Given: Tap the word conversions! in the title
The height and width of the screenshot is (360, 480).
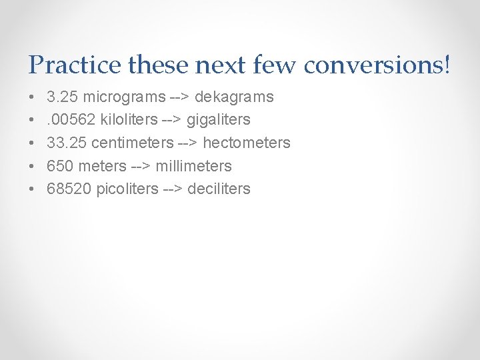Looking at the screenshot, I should click(377, 65).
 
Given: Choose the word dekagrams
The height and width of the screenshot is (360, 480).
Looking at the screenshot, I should click(234, 97).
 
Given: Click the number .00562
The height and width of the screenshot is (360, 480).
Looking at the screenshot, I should click(71, 120).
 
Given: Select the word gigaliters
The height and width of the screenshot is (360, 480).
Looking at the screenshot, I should click(219, 120).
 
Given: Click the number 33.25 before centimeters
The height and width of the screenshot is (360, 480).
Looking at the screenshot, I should click(67, 143).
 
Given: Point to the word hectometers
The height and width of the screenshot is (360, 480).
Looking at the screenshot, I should click(247, 143).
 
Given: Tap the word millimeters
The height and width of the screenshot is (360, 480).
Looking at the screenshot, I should click(193, 166).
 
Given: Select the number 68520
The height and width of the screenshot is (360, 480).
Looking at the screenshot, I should click(69, 189).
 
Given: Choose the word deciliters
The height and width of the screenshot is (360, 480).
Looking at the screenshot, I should click(219, 189).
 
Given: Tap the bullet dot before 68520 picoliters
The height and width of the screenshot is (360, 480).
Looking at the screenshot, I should click(33, 189).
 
